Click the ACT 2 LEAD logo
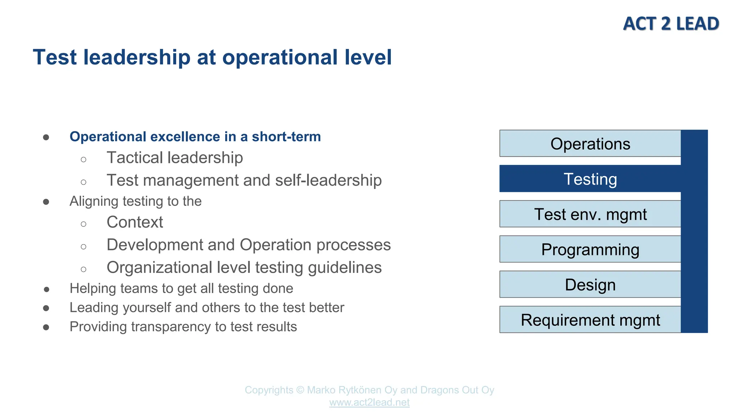671,24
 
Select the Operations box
590,144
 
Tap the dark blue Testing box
590,179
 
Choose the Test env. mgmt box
590,214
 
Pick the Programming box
590,250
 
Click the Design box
590,285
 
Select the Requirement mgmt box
590,320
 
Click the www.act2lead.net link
369,402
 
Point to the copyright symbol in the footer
300,390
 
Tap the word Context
135,222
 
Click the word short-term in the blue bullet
286,137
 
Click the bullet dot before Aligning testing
46,201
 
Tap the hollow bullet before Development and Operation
83,247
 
